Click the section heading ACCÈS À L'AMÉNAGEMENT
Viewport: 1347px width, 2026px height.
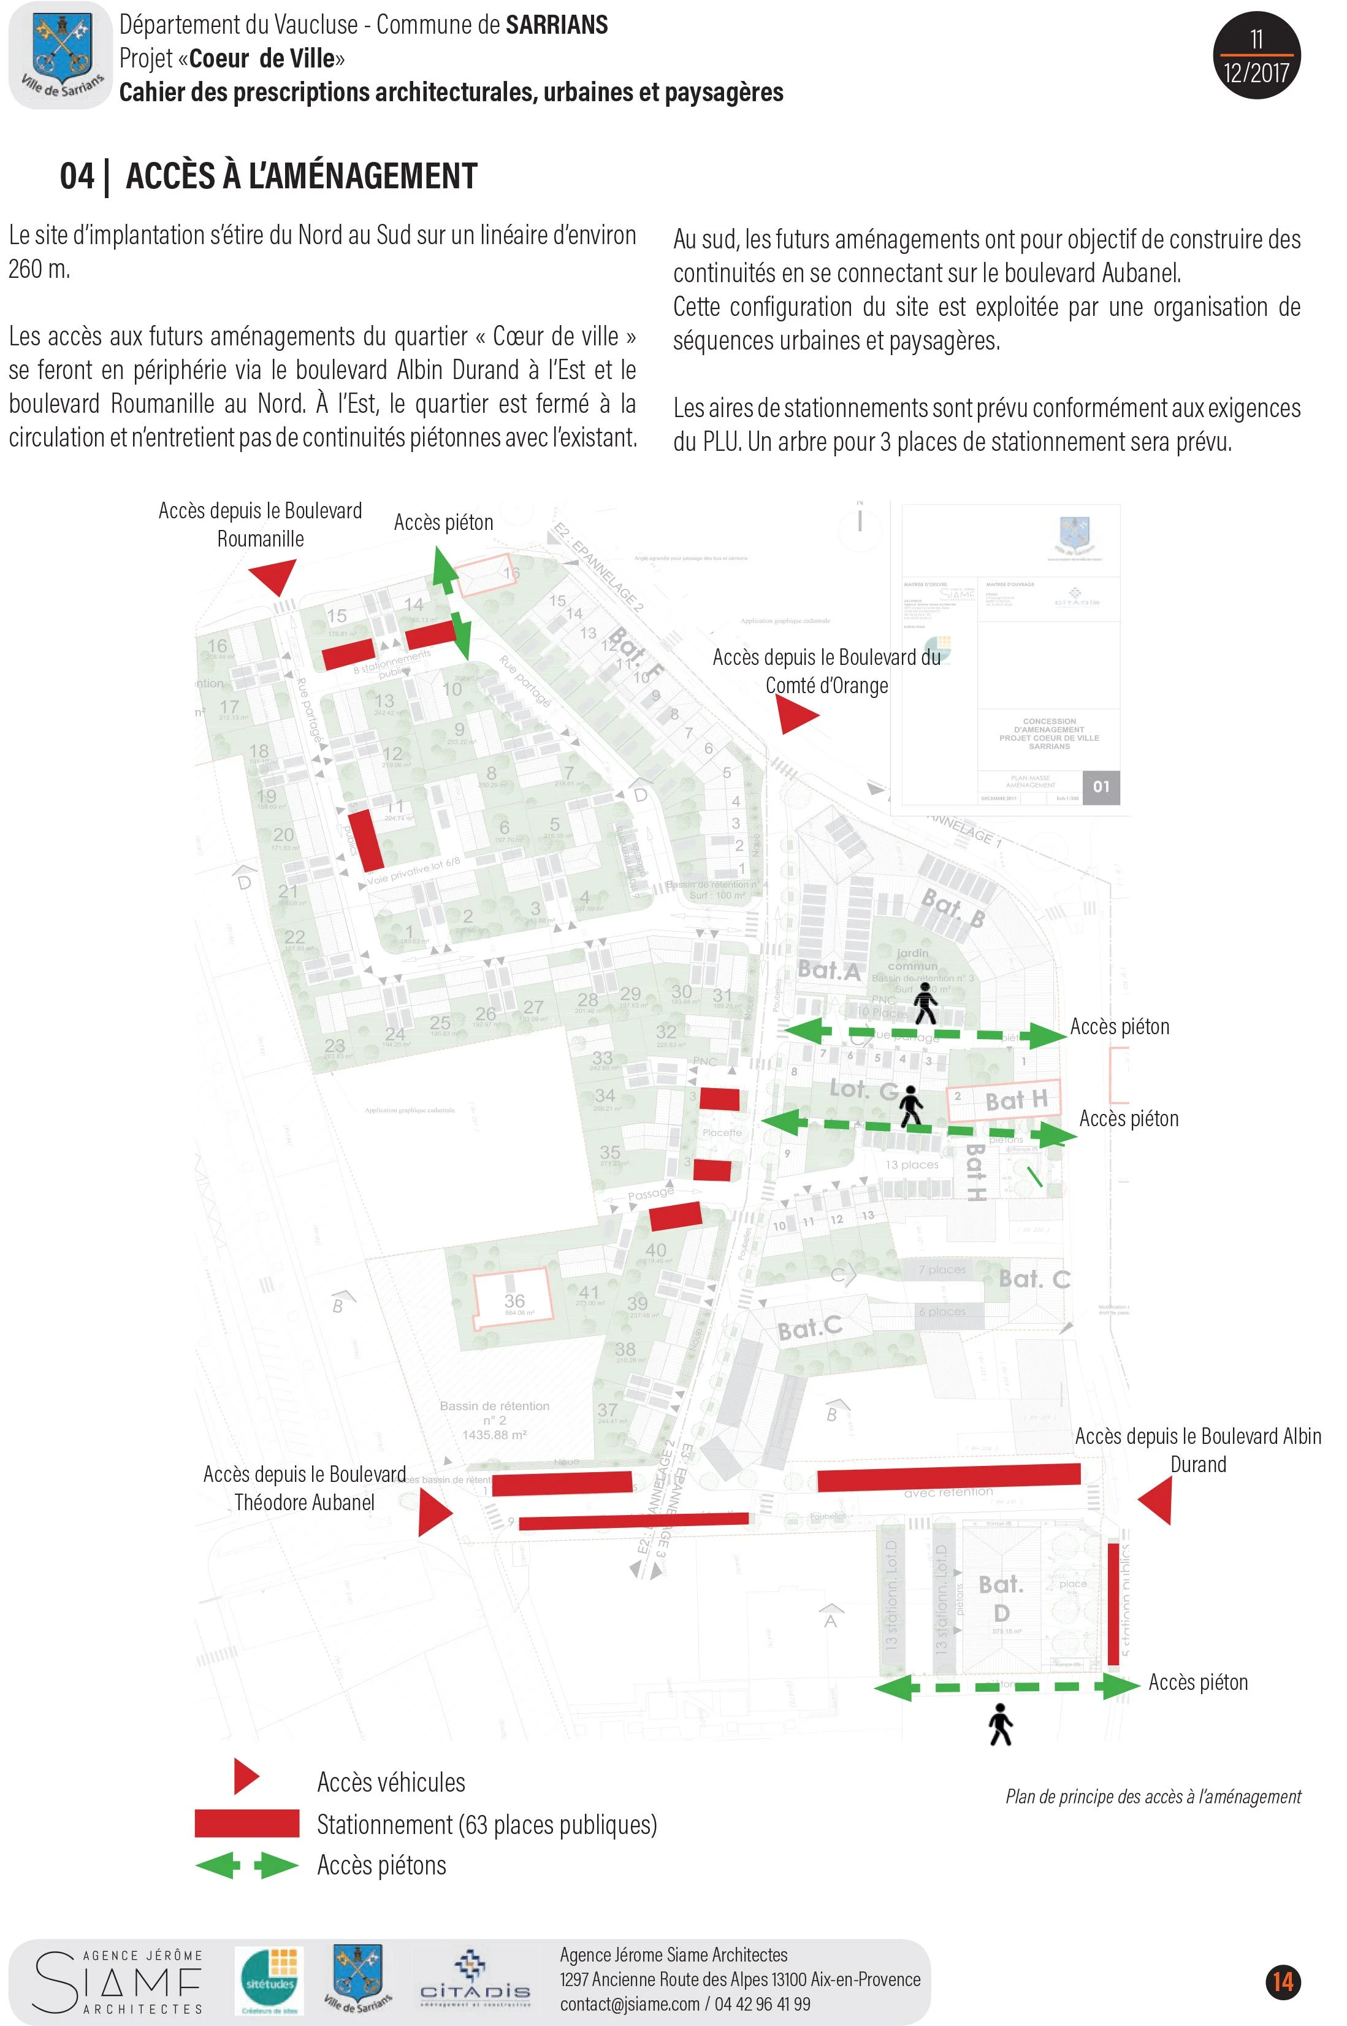pyautogui.click(x=300, y=176)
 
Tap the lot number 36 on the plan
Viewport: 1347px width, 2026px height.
pyautogui.click(x=514, y=1301)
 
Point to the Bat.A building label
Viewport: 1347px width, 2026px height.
pyautogui.click(x=828, y=970)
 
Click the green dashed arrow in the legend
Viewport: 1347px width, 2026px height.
pyautogui.click(x=246, y=1865)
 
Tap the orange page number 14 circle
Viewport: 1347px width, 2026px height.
pyautogui.click(x=1283, y=1981)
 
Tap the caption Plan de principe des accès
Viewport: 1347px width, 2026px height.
pyautogui.click(x=1153, y=1797)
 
